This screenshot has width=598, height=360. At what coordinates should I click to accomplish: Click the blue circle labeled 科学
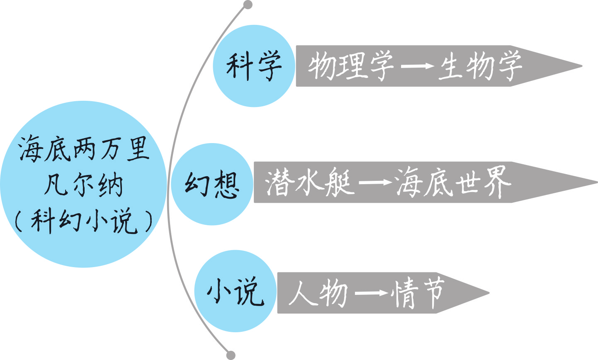click(x=253, y=66)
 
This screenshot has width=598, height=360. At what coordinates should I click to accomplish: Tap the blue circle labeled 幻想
click(x=211, y=184)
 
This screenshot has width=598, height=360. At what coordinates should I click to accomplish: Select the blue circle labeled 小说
click(x=235, y=291)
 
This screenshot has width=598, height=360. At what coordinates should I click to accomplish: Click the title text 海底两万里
click(x=83, y=150)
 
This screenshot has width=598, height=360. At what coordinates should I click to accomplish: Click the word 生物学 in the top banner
click(x=480, y=66)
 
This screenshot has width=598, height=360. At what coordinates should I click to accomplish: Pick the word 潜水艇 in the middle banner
click(x=310, y=182)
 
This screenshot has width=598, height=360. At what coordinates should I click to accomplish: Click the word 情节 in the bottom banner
click(x=419, y=293)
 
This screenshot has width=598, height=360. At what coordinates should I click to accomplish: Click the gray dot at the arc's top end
click(x=248, y=5)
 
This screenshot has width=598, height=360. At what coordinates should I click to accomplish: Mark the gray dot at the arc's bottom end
click(x=231, y=355)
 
